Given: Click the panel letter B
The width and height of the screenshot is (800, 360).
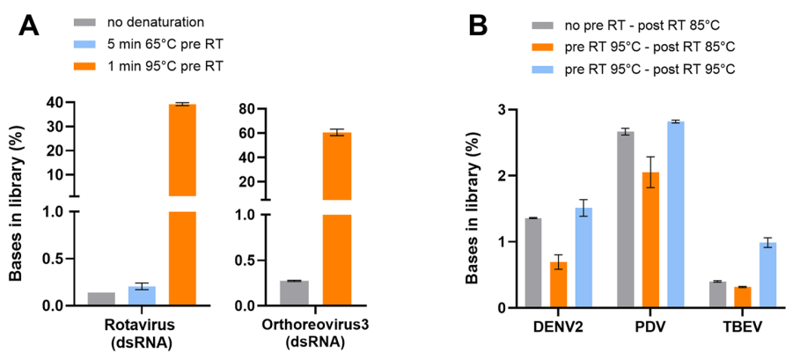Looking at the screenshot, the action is click(x=479, y=25).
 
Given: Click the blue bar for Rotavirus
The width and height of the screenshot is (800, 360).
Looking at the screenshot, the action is click(x=142, y=296).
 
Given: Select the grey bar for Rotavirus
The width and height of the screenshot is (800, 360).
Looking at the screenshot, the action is click(x=101, y=299).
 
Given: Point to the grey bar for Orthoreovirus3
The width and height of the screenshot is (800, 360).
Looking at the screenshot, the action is click(x=294, y=293).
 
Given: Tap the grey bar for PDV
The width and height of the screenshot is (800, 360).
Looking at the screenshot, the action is click(x=626, y=219).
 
